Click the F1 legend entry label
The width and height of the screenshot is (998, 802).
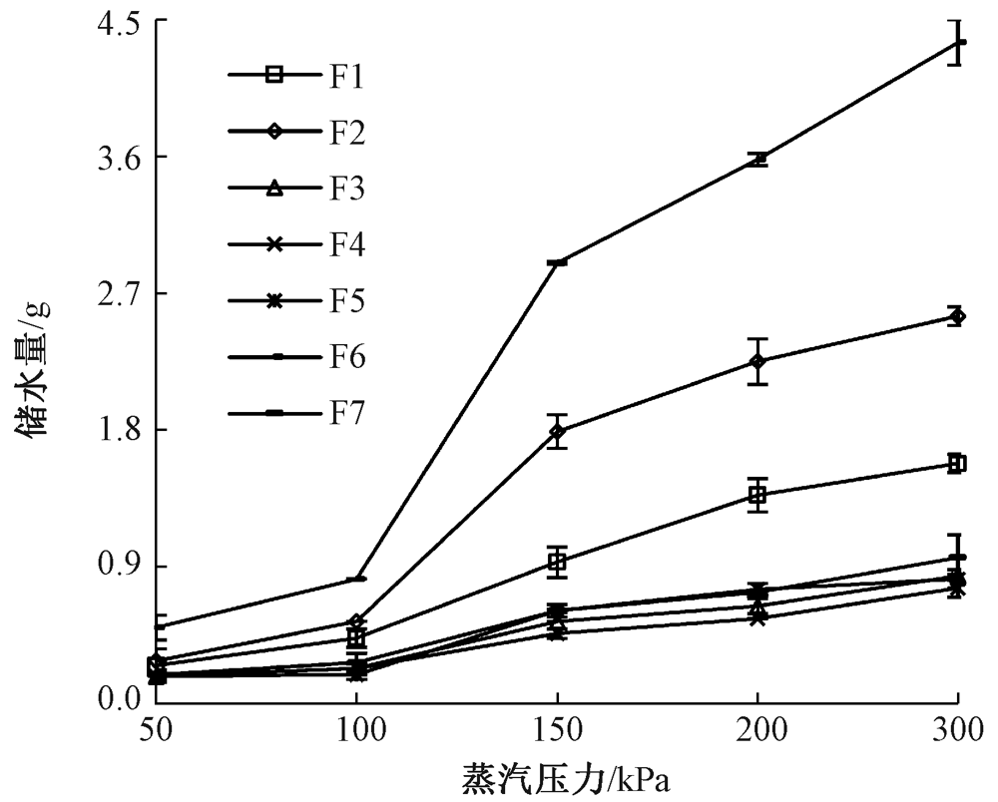[346, 75]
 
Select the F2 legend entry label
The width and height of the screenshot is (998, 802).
[346, 132]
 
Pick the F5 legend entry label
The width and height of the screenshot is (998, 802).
[346, 300]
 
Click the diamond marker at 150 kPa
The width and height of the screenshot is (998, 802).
[557, 431]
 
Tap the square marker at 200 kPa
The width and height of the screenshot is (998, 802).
[757, 495]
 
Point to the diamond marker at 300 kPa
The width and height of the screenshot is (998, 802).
[958, 317]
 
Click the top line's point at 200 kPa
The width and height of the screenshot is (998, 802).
[758, 159]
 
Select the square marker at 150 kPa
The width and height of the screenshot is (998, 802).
[557, 562]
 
